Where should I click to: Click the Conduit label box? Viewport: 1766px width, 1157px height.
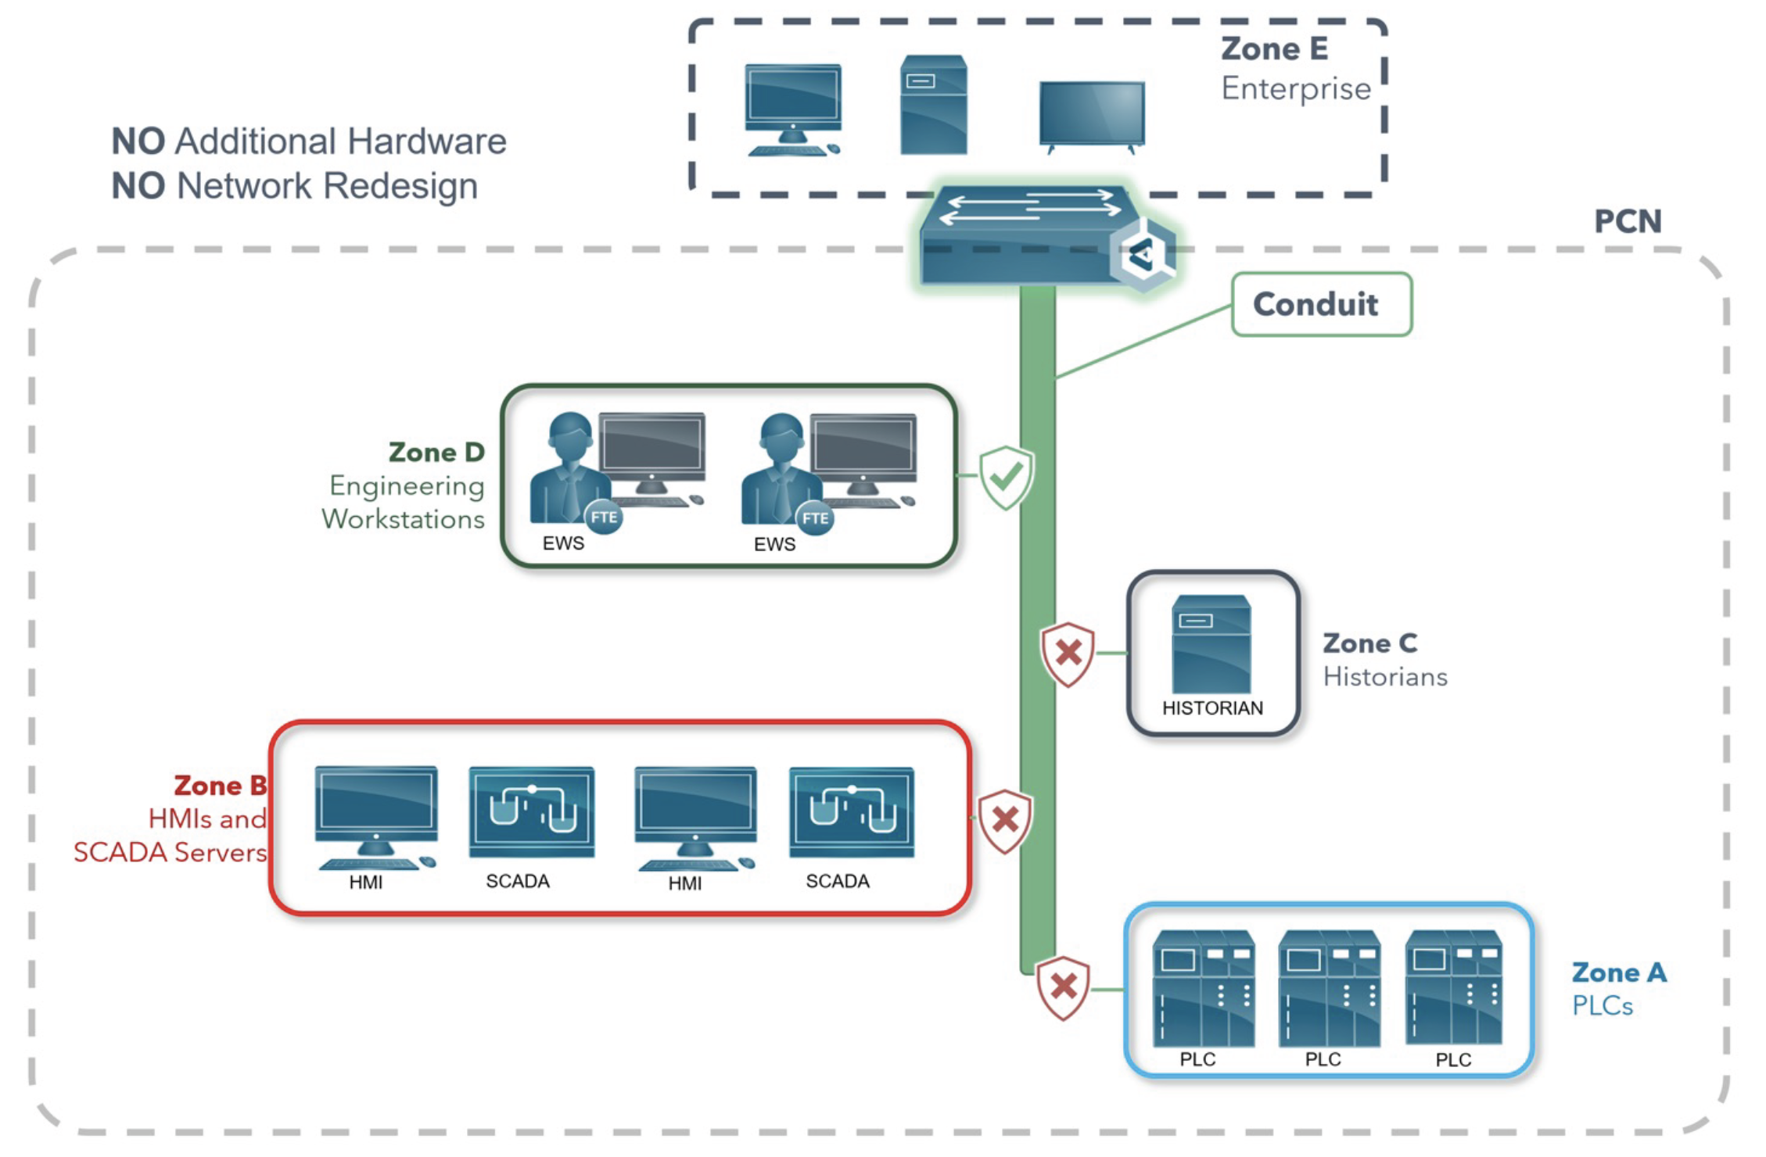tap(1321, 304)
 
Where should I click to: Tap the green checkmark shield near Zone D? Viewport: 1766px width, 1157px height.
tap(1007, 476)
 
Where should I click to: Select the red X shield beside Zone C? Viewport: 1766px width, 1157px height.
tap(1068, 654)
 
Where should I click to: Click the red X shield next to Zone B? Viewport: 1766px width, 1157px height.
tap(1005, 820)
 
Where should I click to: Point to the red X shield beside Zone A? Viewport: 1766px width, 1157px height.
tap(1063, 987)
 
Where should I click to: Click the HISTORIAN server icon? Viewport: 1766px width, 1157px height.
tap(1211, 644)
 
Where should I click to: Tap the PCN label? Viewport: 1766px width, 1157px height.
tap(1628, 222)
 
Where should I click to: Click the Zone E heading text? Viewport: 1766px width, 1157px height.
tap(1274, 49)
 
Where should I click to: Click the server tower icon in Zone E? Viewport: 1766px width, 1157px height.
tap(933, 105)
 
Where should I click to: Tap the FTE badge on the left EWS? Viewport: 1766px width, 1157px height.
tap(604, 518)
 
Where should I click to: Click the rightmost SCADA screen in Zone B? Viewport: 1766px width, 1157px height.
tap(852, 812)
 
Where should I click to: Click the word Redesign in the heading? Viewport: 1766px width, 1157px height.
tap(400, 186)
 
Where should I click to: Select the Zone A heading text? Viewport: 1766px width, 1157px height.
tap(1619, 973)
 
